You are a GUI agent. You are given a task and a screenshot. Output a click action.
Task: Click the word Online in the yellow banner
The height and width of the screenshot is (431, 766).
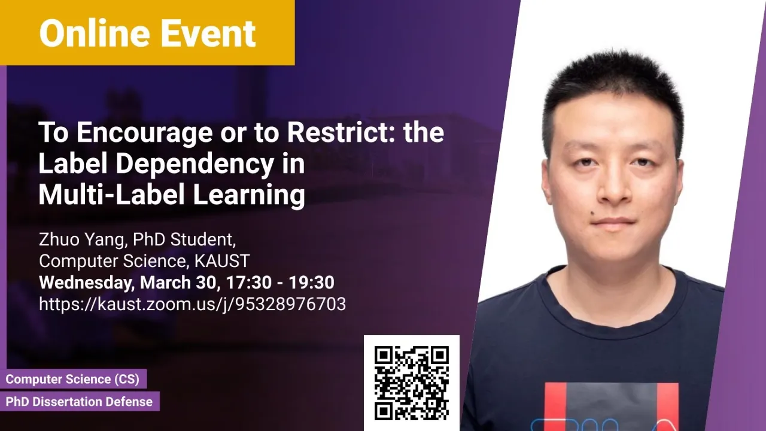(x=95, y=33)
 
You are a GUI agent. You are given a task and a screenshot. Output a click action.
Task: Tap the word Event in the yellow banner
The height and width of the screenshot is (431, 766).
(x=208, y=33)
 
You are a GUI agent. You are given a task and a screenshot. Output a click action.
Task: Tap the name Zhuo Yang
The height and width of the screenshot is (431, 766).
(x=81, y=239)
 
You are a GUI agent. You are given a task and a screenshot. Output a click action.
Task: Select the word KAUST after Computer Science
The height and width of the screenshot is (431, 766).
(x=222, y=261)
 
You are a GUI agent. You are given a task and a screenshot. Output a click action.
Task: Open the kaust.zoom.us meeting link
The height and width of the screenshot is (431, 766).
(x=193, y=303)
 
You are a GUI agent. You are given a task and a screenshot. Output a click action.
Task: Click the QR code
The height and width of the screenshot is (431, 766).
(x=411, y=383)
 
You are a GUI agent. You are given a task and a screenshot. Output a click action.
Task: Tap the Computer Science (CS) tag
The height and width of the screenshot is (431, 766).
(x=72, y=379)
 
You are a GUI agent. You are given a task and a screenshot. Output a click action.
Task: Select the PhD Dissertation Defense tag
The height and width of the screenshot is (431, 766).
(x=79, y=401)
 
